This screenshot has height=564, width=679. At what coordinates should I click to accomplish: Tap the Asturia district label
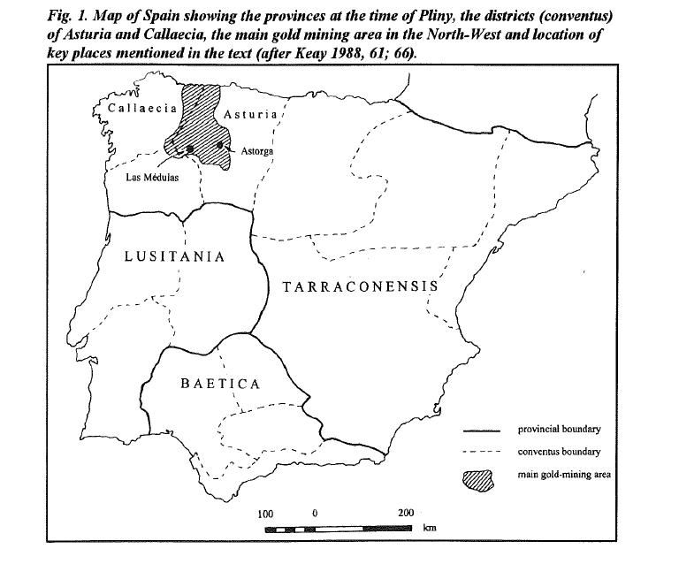point(251,115)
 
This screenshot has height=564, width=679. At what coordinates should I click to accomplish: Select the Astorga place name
point(257,152)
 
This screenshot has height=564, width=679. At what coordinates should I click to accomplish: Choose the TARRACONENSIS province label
point(359,286)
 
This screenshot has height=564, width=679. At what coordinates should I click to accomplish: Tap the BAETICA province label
point(220,384)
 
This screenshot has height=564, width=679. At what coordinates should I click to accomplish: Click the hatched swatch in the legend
point(480,477)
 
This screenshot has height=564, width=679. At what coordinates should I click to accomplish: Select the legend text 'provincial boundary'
point(559,430)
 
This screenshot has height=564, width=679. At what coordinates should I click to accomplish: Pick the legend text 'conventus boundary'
point(559,452)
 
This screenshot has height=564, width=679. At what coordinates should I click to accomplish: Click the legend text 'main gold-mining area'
point(564,475)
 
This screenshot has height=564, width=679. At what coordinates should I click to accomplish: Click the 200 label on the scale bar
point(406,514)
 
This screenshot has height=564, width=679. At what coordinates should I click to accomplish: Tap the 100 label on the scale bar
point(265,514)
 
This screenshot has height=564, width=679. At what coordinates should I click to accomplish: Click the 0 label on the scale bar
point(315,514)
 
